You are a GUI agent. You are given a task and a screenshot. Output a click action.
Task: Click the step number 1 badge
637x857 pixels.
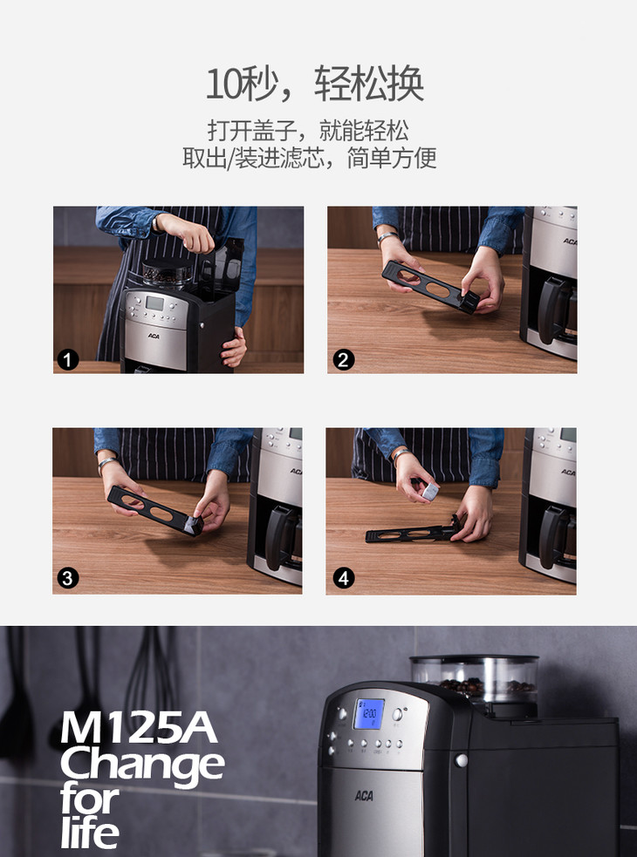pos(68,360)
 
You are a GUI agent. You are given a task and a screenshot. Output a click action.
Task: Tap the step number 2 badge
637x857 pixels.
pos(343,360)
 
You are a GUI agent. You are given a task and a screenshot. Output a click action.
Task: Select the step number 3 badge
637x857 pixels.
pos(68,578)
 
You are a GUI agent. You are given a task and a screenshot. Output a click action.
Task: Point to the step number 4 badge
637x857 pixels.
pos(343,578)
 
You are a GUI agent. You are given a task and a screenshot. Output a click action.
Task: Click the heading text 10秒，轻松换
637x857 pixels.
pos(315,85)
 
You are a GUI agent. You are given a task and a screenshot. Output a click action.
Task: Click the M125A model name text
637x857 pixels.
pos(139,727)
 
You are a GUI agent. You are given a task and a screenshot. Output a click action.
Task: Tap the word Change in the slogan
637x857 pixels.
pos(142,765)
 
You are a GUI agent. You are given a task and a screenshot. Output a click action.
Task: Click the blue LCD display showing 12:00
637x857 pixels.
pos(369,714)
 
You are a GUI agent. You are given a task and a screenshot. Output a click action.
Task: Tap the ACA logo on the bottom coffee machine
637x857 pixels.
pos(364,795)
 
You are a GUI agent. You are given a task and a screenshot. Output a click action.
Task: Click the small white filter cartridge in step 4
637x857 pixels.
pos(430,492)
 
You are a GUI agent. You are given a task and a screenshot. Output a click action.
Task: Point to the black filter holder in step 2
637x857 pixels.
pos(432,287)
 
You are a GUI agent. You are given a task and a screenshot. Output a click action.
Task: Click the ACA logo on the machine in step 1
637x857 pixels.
pos(154,336)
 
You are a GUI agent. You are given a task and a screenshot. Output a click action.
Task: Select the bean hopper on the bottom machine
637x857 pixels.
pos(475,682)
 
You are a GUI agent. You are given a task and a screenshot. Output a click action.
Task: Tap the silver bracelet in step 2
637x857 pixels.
pos(387,236)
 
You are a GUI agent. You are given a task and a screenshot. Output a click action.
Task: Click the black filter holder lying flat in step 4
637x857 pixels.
pos(413,532)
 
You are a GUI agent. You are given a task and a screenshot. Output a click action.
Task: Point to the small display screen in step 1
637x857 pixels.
pos(154,304)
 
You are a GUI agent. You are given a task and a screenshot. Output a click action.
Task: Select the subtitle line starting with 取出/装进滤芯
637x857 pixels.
pos(310,158)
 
